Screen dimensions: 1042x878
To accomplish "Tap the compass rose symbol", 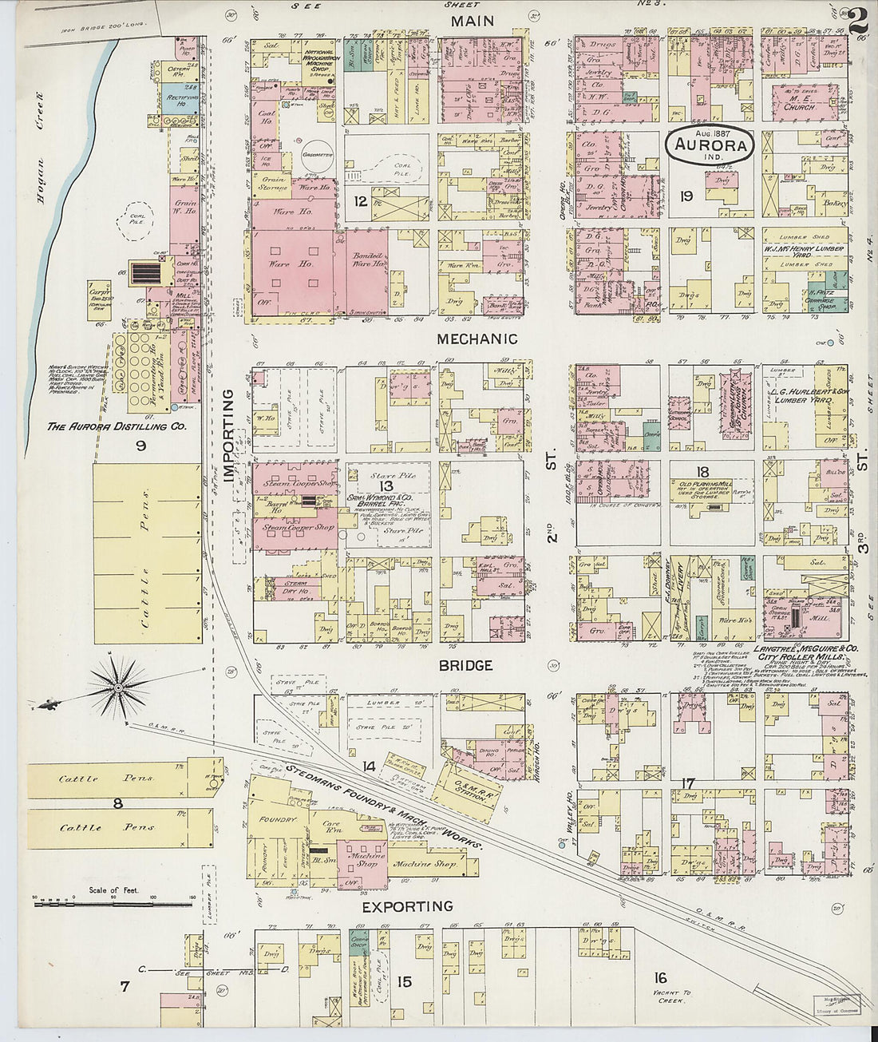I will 118,683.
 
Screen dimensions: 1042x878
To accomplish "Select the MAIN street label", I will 473,22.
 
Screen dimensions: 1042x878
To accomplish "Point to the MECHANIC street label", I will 477,339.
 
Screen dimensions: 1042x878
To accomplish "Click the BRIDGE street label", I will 465,665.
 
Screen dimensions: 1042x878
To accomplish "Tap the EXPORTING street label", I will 407,906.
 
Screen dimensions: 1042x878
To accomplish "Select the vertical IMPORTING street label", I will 229,438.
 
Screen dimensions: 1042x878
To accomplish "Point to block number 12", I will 361,202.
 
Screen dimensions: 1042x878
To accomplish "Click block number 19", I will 685,195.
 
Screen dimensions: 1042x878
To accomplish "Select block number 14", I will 368,767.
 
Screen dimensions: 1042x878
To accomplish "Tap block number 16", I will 659,978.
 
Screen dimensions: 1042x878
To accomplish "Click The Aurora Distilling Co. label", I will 117,427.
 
